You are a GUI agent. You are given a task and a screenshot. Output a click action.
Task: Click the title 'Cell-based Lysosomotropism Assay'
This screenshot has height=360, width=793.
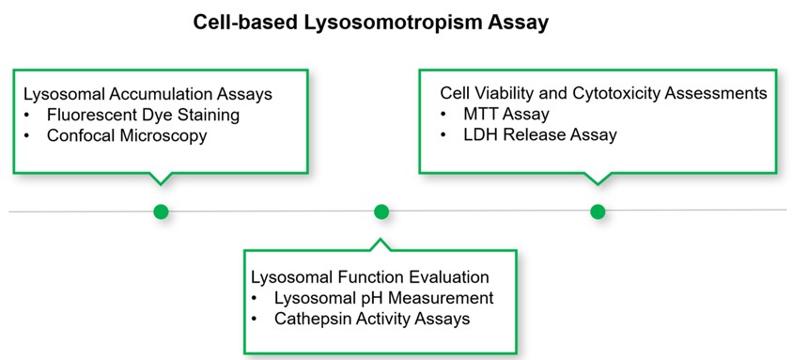(371, 23)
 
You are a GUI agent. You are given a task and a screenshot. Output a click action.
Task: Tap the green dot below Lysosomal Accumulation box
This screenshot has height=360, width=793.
(161, 211)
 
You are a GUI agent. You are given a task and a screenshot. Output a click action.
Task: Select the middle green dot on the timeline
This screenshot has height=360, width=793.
(381, 211)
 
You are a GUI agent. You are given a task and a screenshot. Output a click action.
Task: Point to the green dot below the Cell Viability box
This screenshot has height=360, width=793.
(598, 211)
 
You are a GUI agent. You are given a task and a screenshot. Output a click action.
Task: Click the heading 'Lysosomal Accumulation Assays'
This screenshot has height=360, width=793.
(148, 95)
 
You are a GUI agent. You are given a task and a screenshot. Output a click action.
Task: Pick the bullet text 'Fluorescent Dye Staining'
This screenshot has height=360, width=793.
(143, 115)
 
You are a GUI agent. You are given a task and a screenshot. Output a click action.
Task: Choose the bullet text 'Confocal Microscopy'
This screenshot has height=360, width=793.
(127, 135)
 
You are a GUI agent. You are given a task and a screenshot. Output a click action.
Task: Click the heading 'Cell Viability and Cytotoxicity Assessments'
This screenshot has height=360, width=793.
(604, 94)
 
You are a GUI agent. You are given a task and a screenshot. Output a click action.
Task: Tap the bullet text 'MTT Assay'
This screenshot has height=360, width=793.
(506, 114)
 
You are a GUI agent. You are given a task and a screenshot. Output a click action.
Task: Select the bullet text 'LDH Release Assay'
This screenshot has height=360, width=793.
(540, 134)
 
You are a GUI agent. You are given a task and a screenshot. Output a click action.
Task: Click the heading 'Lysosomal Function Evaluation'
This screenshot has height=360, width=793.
(370, 277)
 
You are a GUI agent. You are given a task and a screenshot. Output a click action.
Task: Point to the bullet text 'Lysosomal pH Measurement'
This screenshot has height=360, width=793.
(384, 298)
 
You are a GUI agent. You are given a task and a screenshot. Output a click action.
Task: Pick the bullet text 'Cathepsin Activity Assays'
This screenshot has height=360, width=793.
(372, 319)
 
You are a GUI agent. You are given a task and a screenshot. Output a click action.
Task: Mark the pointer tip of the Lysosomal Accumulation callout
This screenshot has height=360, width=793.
(161, 185)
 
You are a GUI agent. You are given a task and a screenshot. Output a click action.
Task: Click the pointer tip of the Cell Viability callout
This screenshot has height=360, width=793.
(598, 185)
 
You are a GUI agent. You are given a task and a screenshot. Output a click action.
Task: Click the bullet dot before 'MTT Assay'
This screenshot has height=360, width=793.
(443, 115)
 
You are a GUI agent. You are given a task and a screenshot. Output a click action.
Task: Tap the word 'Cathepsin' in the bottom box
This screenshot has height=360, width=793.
(310, 319)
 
